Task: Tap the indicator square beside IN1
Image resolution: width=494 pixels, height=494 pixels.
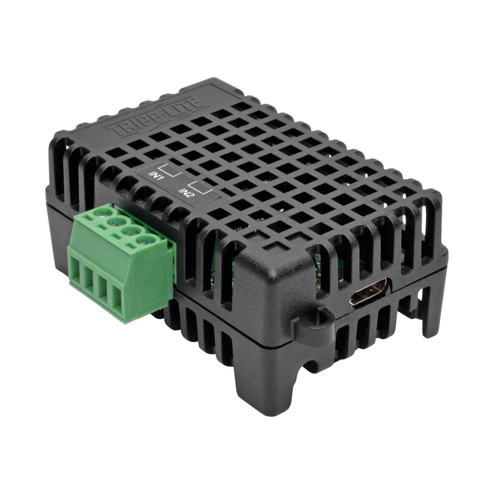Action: coord(170,170)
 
